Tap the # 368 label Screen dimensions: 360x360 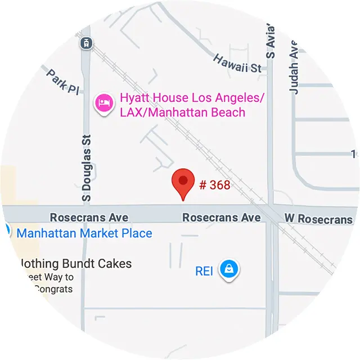[214, 184]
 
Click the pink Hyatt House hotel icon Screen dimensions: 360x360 [103, 103]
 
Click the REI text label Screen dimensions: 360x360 [204, 271]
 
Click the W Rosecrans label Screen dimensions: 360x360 [318, 219]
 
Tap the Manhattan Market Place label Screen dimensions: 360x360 [84, 233]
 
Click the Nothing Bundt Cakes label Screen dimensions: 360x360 [75, 263]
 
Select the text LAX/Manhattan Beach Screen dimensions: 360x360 [182, 112]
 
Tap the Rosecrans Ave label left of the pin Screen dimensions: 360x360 [89, 218]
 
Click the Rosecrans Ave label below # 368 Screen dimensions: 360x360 [222, 218]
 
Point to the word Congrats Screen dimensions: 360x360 [53, 289]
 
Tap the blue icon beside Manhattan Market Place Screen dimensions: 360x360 [7, 231]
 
